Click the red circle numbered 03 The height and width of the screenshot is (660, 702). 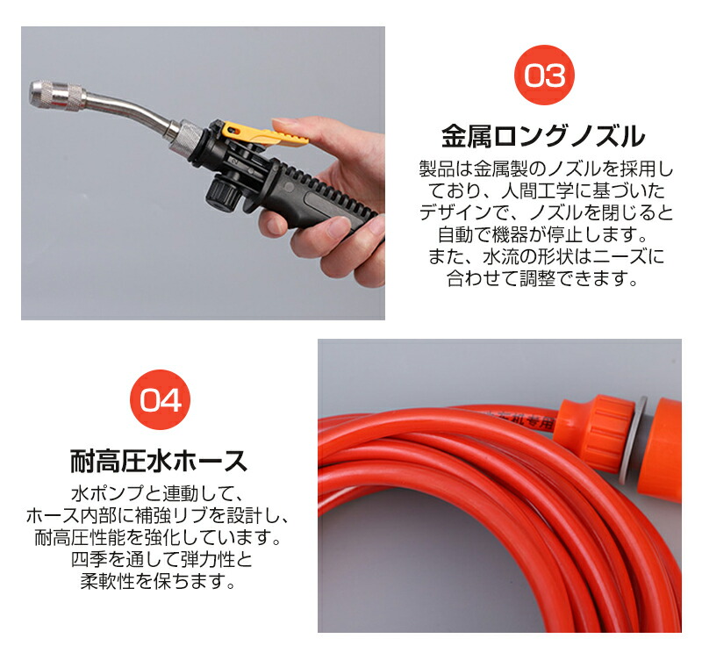coord(544,75)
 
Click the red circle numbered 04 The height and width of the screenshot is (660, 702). coord(160,399)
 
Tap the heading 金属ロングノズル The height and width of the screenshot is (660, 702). coord(543,137)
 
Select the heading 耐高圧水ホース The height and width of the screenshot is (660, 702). coord(159,461)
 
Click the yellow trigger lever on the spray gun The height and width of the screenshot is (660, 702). coord(264,134)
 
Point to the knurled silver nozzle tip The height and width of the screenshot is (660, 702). coord(57,95)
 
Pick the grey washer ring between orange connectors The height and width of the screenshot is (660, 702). coord(634,440)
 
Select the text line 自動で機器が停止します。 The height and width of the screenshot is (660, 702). coord(543,234)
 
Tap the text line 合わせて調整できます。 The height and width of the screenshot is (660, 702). coord(543,278)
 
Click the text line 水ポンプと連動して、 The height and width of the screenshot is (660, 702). coord(158,493)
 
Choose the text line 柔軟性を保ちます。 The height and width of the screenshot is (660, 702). coord(158,581)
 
